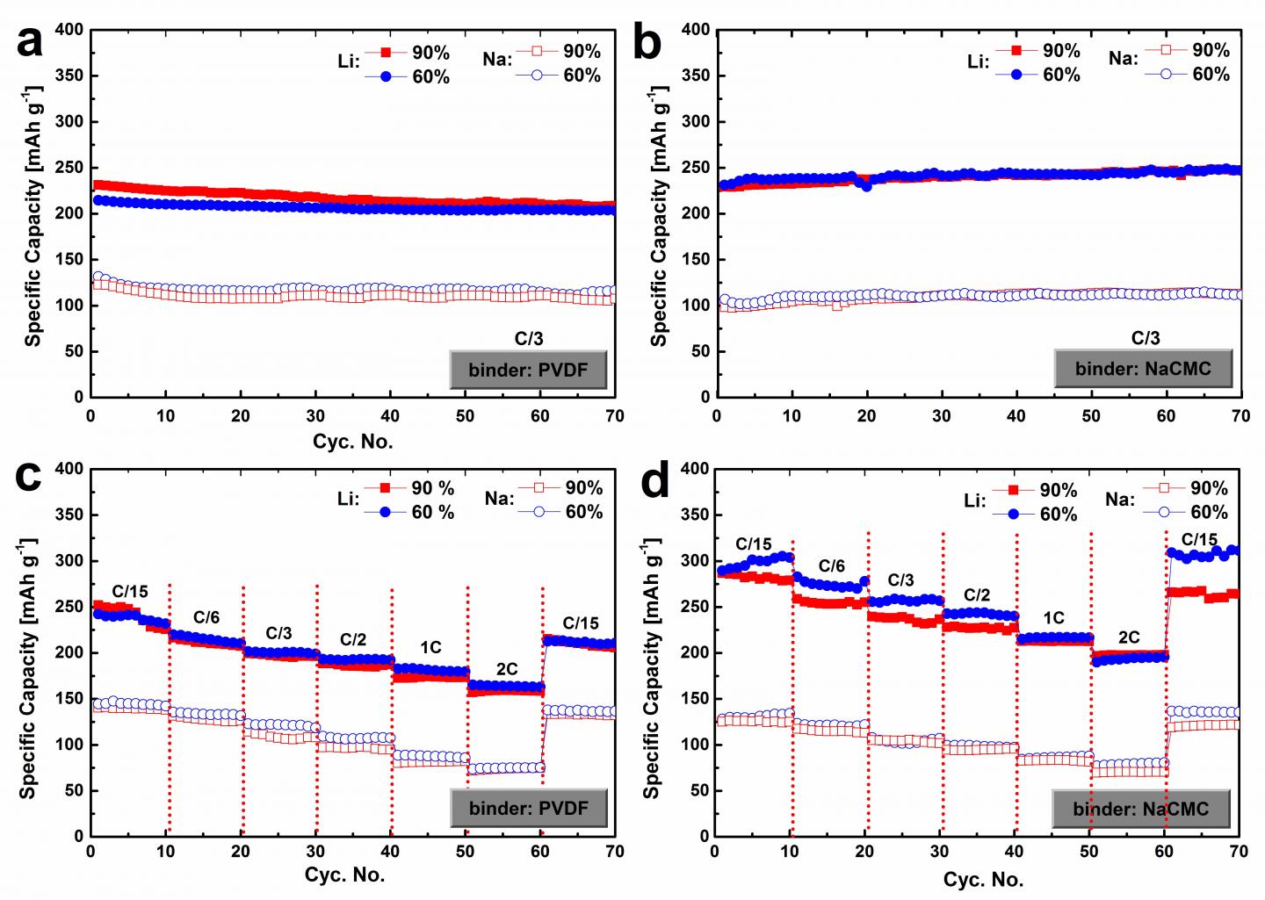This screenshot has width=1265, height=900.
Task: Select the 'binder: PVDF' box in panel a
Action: [529, 369]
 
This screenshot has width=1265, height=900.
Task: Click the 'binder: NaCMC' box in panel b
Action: [1143, 368]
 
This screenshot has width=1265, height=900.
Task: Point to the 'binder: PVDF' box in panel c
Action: [529, 807]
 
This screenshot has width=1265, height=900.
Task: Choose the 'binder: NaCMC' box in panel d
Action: [1141, 809]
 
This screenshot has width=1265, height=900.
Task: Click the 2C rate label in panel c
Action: [507, 669]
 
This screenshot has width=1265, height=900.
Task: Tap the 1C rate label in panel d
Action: [1052, 618]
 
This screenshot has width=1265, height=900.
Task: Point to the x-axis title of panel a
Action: [353, 441]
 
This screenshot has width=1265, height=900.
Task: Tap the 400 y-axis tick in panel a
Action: [69, 30]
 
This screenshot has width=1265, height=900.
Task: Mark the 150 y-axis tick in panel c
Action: [69, 698]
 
